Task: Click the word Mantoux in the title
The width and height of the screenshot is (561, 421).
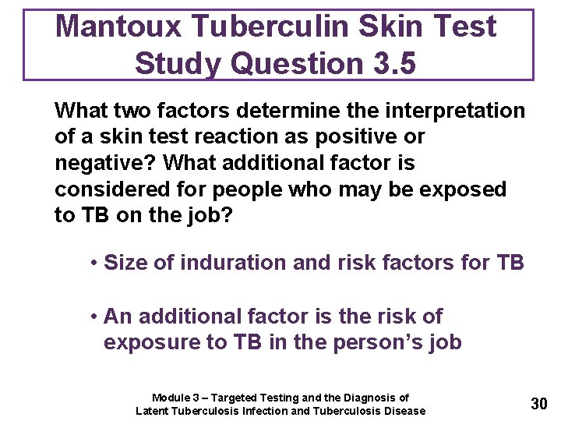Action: click(119, 27)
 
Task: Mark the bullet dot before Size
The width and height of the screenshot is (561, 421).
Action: click(93, 264)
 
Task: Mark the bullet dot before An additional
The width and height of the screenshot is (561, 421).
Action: click(93, 317)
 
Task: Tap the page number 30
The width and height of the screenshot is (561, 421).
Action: click(538, 404)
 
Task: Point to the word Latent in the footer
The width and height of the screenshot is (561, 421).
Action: click(152, 411)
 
